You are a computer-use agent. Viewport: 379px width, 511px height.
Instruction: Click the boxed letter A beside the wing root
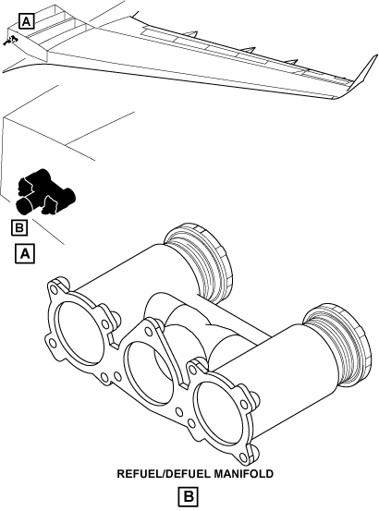click(x=27, y=21)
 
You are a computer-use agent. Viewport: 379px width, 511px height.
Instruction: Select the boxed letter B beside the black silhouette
click(x=19, y=227)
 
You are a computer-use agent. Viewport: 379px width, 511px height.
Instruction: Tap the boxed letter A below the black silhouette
click(x=25, y=253)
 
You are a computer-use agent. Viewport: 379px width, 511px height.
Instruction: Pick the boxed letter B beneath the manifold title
click(x=189, y=496)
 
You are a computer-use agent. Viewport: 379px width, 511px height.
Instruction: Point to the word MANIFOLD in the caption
click(x=244, y=473)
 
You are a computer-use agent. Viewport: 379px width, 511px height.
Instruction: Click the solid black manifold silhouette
click(x=45, y=192)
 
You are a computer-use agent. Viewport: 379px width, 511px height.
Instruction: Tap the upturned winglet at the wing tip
click(x=364, y=76)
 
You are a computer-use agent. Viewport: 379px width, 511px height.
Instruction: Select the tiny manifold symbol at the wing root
click(x=11, y=40)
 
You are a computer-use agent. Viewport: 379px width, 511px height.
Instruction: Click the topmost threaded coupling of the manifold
click(x=199, y=261)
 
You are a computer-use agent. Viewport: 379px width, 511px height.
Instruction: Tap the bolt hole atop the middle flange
click(x=148, y=332)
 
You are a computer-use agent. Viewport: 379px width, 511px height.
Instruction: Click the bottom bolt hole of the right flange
click(x=243, y=456)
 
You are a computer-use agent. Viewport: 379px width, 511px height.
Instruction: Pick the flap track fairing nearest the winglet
click(x=290, y=62)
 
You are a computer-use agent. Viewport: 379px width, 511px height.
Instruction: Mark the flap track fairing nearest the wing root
click(x=191, y=34)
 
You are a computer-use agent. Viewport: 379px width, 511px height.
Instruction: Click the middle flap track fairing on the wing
click(x=248, y=50)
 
